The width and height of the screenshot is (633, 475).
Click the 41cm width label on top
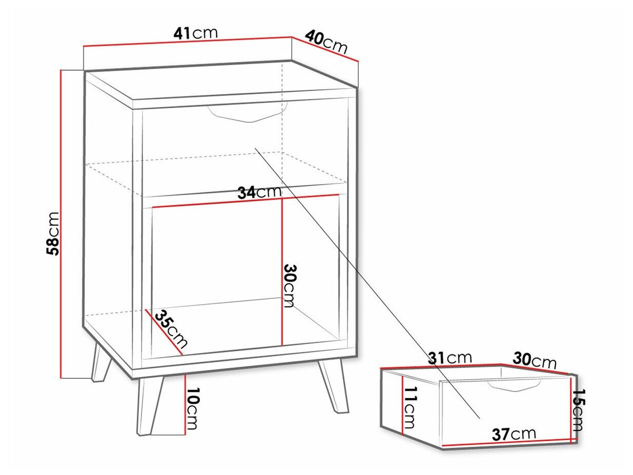click(196, 33)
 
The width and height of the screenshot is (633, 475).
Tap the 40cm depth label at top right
click(326, 42)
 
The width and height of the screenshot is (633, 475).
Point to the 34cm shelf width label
click(259, 192)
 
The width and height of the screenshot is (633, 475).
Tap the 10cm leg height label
click(192, 408)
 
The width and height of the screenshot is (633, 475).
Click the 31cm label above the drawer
click(450, 358)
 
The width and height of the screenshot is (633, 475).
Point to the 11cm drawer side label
click(411, 407)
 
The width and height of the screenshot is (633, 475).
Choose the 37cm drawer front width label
click(514, 434)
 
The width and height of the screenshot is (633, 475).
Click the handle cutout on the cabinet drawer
click(248, 115)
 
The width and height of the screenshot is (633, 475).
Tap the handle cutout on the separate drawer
click(514, 385)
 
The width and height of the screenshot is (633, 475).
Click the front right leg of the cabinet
click(334, 386)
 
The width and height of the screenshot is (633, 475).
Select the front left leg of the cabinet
click(150, 405)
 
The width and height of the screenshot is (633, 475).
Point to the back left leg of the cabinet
click(101, 363)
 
